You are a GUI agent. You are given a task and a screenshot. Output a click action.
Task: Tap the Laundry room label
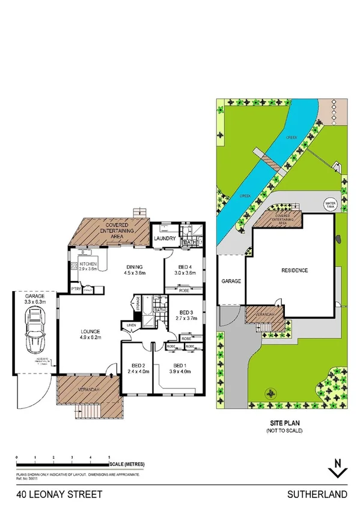click(164, 239)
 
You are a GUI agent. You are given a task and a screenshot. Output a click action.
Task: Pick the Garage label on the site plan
click(231, 280)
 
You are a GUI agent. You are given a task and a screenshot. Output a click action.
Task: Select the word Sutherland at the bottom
click(325, 494)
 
